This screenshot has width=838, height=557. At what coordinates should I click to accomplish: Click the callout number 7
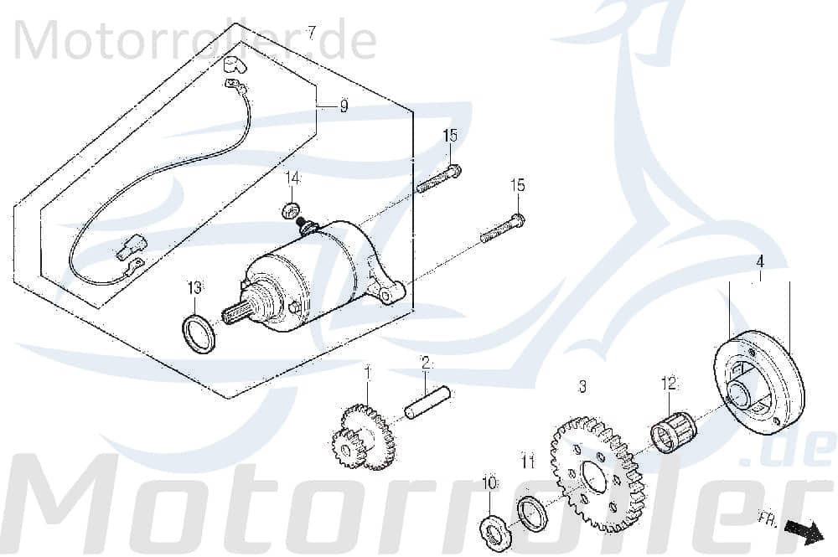click(x=312, y=33)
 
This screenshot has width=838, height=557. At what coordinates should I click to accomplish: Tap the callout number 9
click(x=344, y=106)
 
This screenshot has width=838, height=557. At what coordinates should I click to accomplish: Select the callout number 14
click(x=292, y=178)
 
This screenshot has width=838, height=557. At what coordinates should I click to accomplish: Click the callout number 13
click(x=194, y=288)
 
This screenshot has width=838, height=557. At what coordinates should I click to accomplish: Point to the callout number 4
click(x=759, y=260)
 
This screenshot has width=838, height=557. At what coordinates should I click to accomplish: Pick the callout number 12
click(x=668, y=384)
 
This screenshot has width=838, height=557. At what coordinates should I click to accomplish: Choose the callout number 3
click(x=582, y=387)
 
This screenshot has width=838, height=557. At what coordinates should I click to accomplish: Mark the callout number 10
click(x=489, y=483)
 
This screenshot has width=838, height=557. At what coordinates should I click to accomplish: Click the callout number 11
click(x=526, y=461)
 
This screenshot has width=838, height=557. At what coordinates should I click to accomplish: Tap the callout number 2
click(x=426, y=363)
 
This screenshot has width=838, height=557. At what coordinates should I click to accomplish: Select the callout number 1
click(x=366, y=370)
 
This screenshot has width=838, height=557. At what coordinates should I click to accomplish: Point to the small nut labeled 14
click(x=291, y=208)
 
